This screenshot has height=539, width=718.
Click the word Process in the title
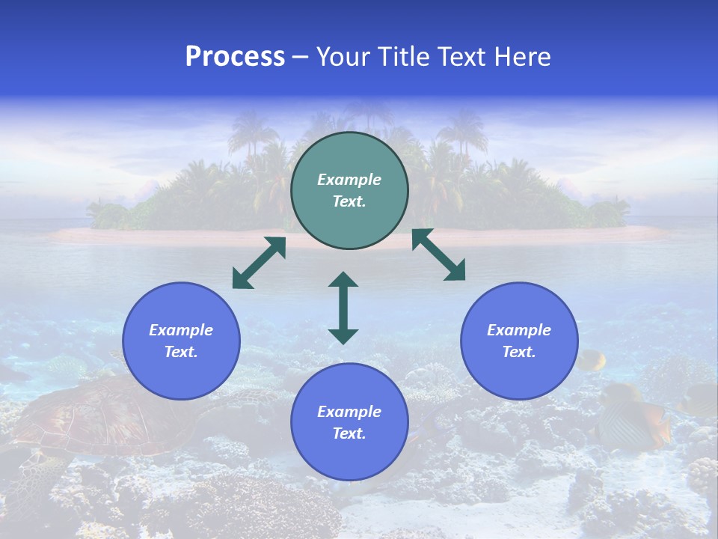tap(235, 56)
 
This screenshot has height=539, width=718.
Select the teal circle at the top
tap(349, 191)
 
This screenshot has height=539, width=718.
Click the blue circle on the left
tap(181, 341)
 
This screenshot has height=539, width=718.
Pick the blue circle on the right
tap(519, 341)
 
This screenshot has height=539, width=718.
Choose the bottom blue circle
tap(349, 421)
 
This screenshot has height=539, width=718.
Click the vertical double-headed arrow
tap(343, 308)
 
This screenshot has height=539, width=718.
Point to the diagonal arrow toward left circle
tap(259, 263)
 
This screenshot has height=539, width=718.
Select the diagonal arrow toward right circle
tap(439, 255)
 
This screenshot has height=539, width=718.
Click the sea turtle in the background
tap(97, 419)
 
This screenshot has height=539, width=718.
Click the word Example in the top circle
tap(349, 180)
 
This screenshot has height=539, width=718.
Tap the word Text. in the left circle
tap(181, 352)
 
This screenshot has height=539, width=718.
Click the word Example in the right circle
tap(519, 330)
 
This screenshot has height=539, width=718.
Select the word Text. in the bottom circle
tap(349, 433)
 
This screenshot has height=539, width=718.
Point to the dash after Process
tap(301, 57)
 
